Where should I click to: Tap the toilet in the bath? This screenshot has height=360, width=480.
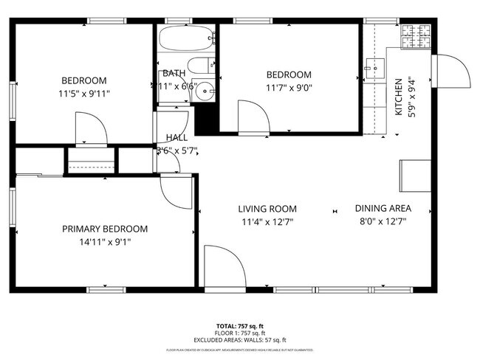coord(198,65)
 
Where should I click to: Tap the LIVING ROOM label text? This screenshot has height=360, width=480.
coord(267,209)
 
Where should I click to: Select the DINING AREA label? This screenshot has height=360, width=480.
coord(383,208)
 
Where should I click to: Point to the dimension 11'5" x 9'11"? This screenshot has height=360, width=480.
coord(83,94)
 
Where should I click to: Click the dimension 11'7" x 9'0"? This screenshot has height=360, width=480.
coord(289,88)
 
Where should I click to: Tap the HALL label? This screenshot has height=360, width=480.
coord(176,138)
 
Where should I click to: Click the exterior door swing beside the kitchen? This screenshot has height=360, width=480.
coord(452,72)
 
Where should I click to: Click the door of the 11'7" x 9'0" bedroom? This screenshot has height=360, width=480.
coord(252,116)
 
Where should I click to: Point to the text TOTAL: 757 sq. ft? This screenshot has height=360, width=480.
coord(239,325)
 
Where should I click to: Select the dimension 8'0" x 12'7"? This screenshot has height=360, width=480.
coord(383,221)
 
